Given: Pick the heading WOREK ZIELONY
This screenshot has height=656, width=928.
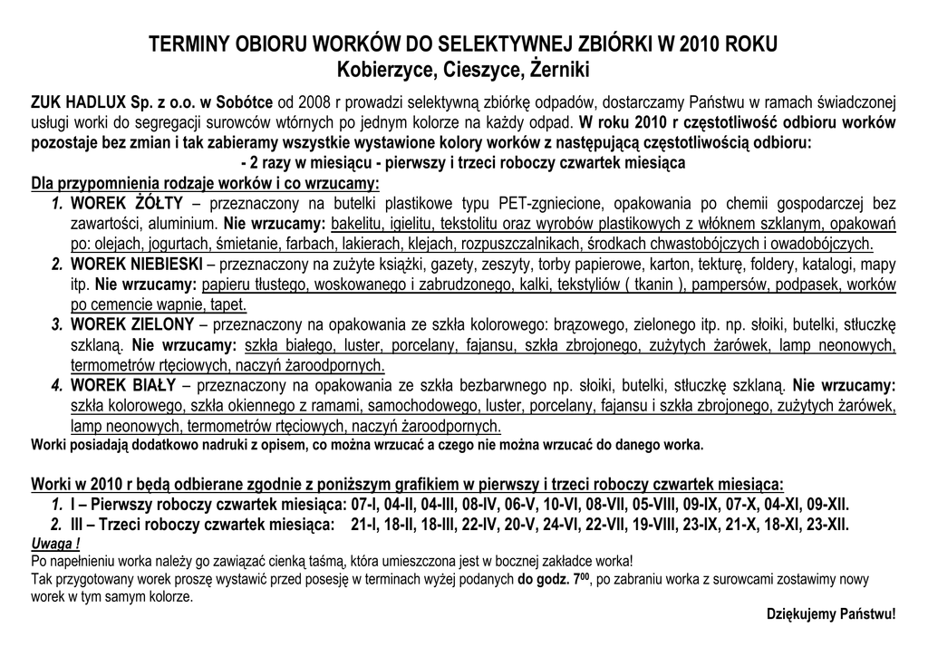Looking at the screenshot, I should click(132, 324).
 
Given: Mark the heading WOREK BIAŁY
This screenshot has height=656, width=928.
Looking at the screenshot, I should click(123, 385).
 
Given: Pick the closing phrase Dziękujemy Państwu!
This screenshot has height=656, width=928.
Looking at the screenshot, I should click(831, 613).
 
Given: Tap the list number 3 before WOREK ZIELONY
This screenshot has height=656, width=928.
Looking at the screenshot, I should click(56, 324).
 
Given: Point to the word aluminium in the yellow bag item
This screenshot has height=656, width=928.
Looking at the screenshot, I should click(188, 223).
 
